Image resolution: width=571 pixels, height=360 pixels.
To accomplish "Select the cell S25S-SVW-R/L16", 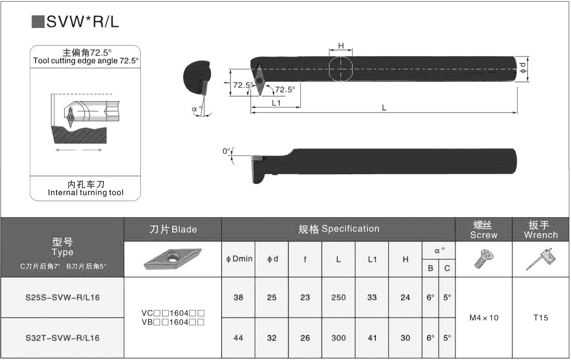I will pyautogui.click(x=62, y=297).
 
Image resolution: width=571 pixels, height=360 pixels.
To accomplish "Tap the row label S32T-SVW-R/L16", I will pyautogui.click(x=62, y=338).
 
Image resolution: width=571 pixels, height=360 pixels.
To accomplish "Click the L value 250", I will pyautogui.click(x=338, y=297).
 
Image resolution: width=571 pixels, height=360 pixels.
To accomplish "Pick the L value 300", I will pyautogui.click(x=338, y=338).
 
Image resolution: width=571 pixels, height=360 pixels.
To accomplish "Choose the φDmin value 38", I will pyautogui.click(x=238, y=297).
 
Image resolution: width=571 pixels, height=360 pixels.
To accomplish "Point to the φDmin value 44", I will pyautogui.click(x=238, y=338).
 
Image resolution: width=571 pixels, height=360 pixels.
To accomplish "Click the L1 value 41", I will pyautogui.click(x=372, y=338).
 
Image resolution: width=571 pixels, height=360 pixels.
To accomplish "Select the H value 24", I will pyautogui.click(x=405, y=297).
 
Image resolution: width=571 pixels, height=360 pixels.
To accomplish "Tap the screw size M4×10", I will pyautogui.click(x=484, y=318).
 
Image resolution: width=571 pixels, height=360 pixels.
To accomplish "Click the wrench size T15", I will pyautogui.click(x=541, y=318).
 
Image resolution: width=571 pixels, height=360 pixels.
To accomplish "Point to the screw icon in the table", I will pyautogui.click(x=483, y=259).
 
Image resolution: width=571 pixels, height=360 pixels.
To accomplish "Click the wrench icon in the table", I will pyautogui.click(x=540, y=259).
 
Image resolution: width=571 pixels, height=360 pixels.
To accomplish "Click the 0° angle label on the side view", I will pyautogui.click(x=226, y=151).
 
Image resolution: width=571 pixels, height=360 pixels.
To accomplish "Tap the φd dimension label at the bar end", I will pyautogui.click(x=523, y=68).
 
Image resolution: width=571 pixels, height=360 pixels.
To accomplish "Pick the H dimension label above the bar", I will pyautogui.click(x=341, y=46).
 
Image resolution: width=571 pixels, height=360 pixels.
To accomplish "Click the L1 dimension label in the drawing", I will pyautogui.click(x=276, y=103).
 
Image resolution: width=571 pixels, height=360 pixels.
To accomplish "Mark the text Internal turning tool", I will pyautogui.click(x=85, y=192).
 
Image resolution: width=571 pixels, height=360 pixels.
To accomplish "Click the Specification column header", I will pyautogui.click(x=338, y=229).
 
